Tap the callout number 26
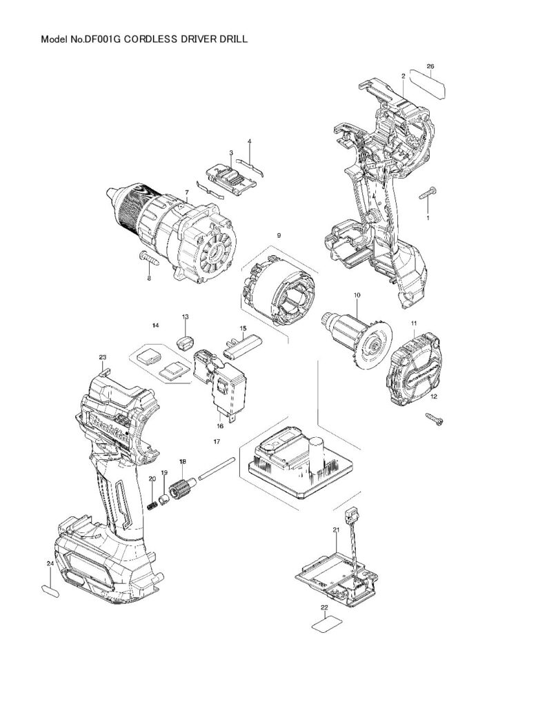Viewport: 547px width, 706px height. (430, 66)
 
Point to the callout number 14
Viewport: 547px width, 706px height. (156, 324)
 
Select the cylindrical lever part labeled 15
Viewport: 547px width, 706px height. (246, 344)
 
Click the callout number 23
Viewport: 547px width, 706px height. (103, 357)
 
